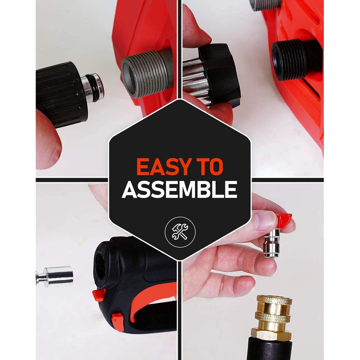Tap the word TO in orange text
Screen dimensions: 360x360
(x=211, y=167)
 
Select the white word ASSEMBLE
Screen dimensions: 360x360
(x=180, y=189)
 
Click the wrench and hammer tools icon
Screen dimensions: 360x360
(x=180, y=232)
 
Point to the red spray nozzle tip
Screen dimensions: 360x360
(x=283, y=220)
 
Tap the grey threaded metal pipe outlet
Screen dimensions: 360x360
(x=147, y=74)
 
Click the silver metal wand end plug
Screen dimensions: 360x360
(x=54, y=276)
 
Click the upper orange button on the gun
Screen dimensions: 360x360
(x=99, y=295)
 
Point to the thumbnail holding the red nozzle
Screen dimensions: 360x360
(x=265, y=220)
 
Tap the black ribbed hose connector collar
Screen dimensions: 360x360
(x=62, y=94)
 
